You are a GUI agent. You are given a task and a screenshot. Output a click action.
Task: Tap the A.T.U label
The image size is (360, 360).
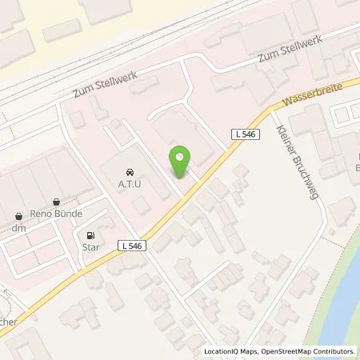click(130, 186)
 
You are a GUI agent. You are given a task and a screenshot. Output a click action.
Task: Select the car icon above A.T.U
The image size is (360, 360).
click(130, 172)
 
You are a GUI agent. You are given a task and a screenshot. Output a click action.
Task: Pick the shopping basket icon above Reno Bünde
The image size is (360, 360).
click(56, 202)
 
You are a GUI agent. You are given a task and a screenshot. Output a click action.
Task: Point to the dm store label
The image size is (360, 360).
click(19, 228)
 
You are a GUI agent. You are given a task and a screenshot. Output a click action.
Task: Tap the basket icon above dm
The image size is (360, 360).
click(19, 215)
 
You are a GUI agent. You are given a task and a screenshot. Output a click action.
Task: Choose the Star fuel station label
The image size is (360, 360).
click(90, 249)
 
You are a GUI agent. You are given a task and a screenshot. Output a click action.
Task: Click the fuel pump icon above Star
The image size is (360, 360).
click(90, 236)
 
